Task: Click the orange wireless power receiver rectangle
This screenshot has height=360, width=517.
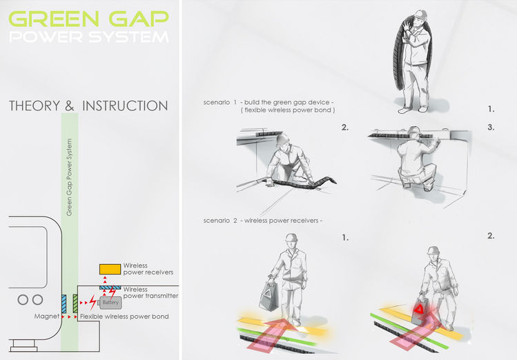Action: pyautogui.click(x=109, y=268)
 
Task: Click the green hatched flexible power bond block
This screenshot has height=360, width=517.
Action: pyautogui.click(x=75, y=302)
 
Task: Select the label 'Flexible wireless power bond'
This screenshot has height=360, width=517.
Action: pyautogui.click(x=124, y=317)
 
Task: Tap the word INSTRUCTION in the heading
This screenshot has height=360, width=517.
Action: pyautogui.click(x=125, y=106)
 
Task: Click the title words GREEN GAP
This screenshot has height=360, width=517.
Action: pyautogui.click(x=87, y=17)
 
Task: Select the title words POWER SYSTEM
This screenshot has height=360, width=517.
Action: pyautogui.click(x=87, y=37)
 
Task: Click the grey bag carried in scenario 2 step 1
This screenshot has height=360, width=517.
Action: pyautogui.click(x=269, y=296)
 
